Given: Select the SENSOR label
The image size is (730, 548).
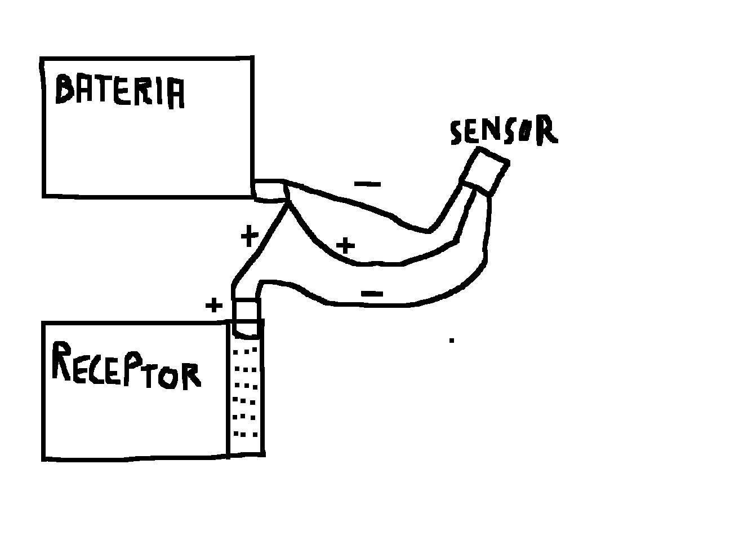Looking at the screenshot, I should click(504, 131).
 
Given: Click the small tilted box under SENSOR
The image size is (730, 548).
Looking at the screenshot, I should click(485, 171).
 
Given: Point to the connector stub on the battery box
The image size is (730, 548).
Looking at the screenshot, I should click(271, 191).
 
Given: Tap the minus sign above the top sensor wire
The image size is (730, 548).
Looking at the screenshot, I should click(368, 184).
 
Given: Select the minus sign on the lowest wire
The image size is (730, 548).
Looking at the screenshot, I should click(372, 293).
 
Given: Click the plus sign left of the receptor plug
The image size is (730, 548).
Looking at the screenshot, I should click(213, 306).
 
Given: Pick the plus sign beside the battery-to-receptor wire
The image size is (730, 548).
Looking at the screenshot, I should click(248, 236).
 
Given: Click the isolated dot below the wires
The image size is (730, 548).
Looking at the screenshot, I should click(452, 340).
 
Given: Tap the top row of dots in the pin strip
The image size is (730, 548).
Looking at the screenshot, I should click(246, 351).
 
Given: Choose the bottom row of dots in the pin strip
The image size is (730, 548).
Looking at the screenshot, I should click(246, 434).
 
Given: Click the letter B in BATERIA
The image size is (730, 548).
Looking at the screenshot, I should click(66, 90).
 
